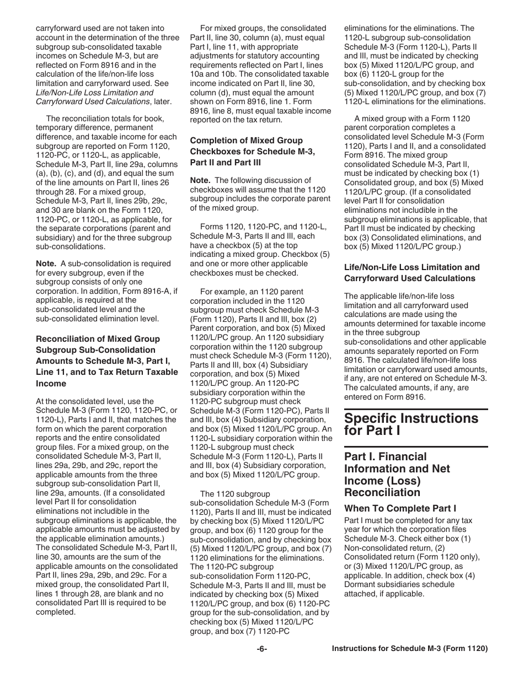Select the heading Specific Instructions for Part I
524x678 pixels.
(x=411, y=424)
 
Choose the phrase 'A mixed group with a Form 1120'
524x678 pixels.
(x=412, y=119)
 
